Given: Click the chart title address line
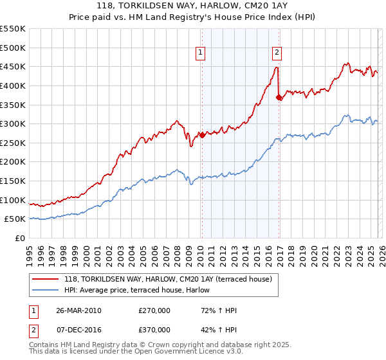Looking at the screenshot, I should click(x=192, y=6).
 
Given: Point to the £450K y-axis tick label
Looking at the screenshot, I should click(x=13, y=66).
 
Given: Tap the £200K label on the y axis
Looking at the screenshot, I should click(x=13, y=162).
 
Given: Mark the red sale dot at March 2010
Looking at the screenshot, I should click(x=201, y=135).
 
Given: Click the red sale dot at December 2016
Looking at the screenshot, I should click(x=279, y=97).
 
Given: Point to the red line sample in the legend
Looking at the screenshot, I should click(x=46, y=279).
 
